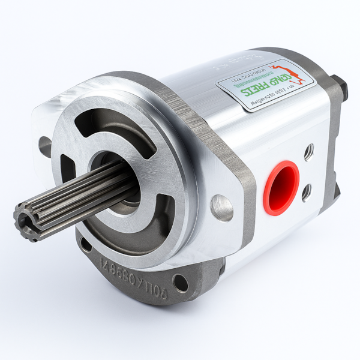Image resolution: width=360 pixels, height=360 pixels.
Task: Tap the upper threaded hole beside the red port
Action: (308, 152)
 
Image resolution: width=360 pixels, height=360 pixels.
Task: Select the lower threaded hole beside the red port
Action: (307, 192)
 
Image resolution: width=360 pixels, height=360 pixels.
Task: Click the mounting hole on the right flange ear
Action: (221, 207)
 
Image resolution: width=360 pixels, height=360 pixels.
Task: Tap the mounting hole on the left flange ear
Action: (45, 146)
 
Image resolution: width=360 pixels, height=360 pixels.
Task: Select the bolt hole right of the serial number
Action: (179, 282)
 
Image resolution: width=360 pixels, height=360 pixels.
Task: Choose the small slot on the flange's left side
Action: (68, 170)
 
